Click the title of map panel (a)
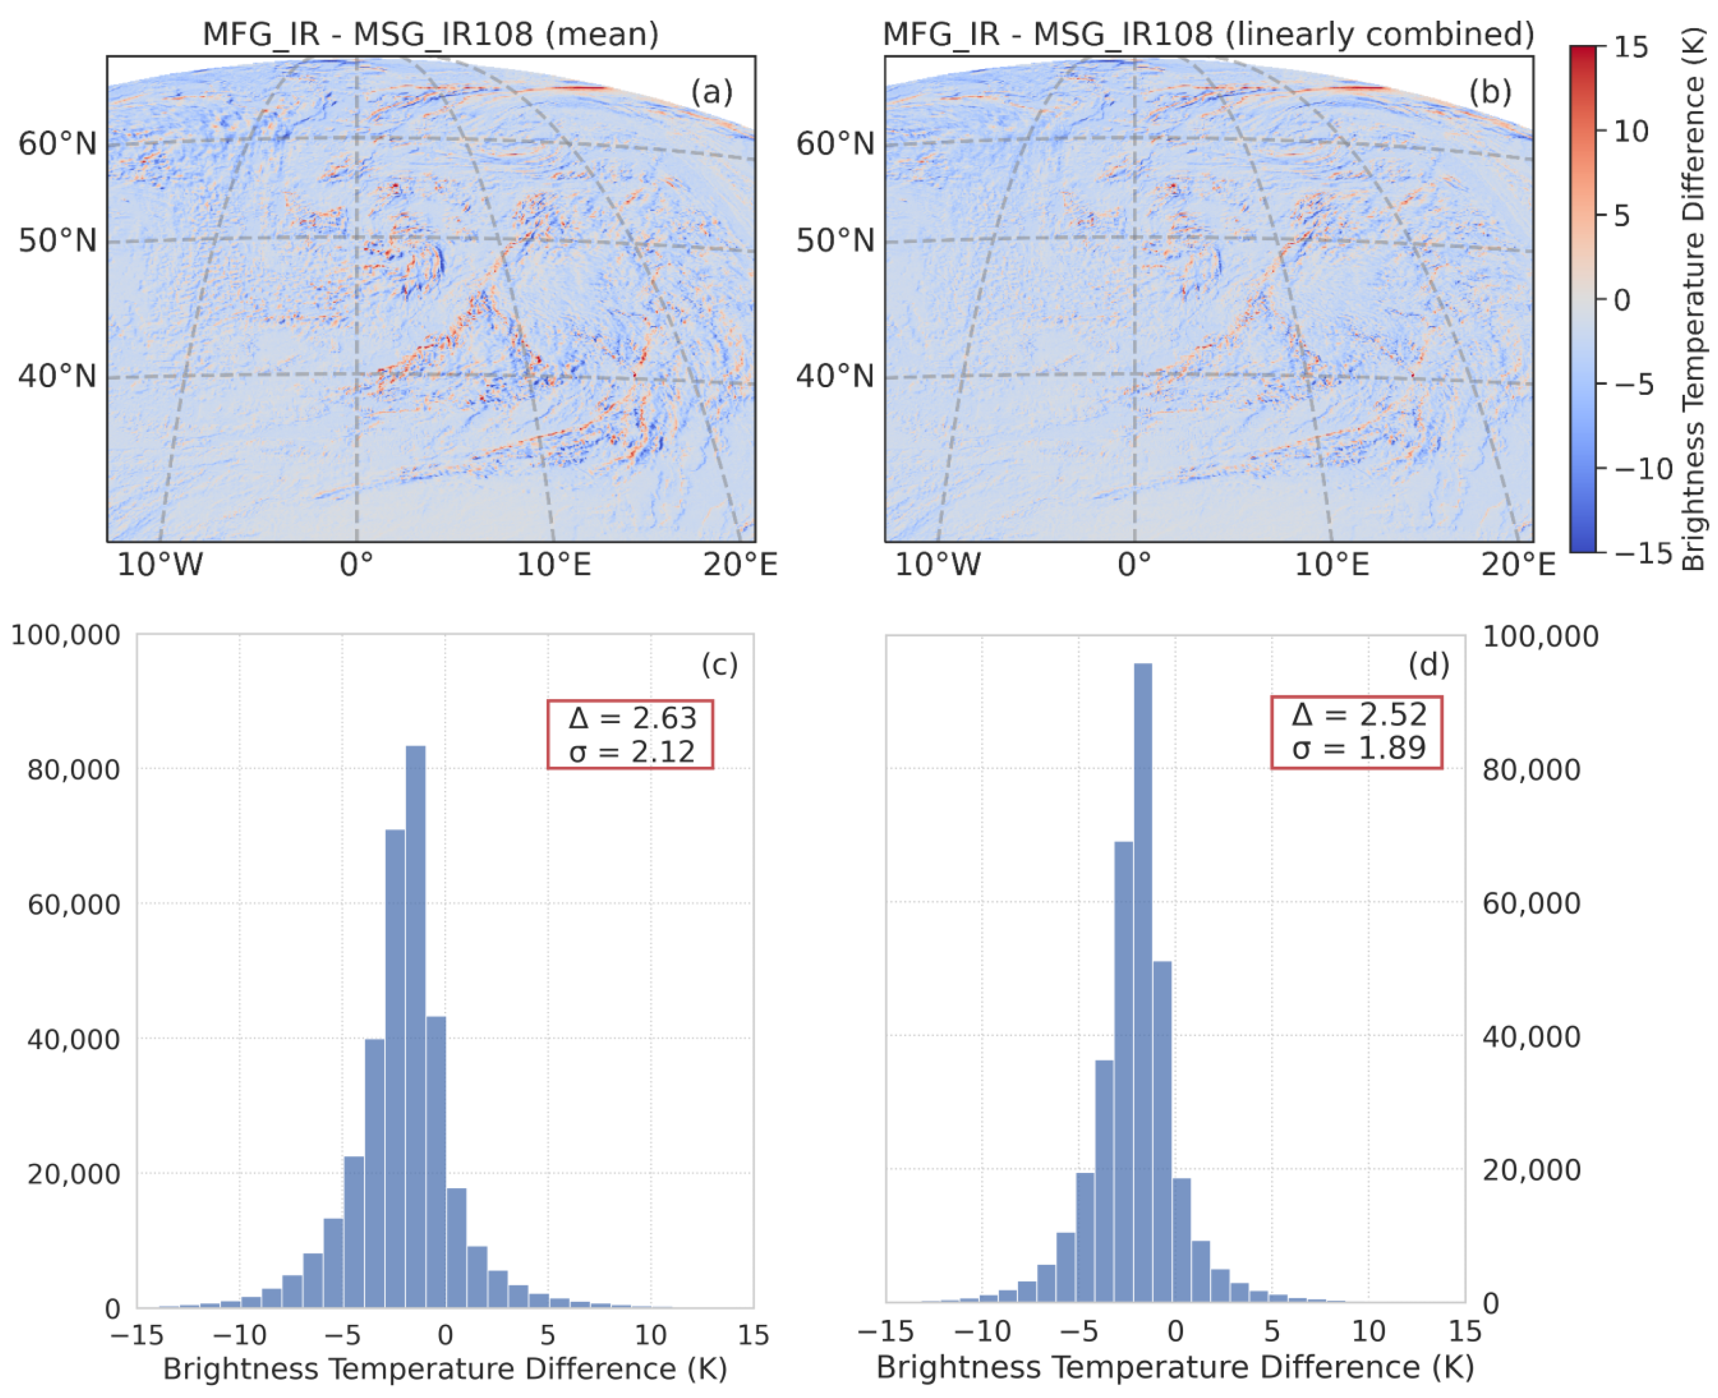coord(430,34)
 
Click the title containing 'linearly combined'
coord(1207,34)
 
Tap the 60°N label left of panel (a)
coord(57,144)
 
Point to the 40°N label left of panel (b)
coord(834,376)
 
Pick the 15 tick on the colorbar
coord(1630,48)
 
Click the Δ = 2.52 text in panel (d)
coord(1358,714)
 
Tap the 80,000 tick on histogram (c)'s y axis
coord(73,769)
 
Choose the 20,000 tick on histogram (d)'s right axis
coord(1531,1169)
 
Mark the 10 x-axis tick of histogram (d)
coord(1368,1331)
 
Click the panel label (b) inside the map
coord(1489,92)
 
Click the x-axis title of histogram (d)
coord(1174,1367)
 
